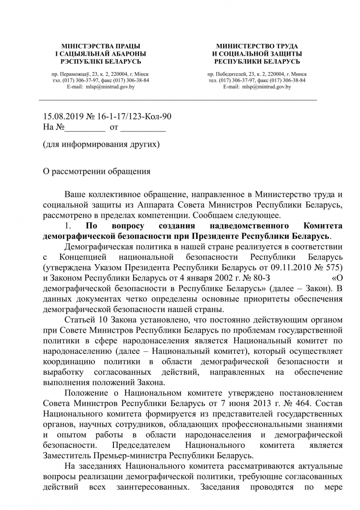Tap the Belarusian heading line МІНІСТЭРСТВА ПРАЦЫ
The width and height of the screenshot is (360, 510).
point(101,46)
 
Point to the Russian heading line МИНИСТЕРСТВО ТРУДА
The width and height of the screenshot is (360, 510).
point(257,46)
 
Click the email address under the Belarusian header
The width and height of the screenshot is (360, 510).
point(101,86)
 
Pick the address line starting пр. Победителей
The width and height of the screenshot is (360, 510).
point(257,74)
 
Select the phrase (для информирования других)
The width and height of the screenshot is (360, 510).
point(101,144)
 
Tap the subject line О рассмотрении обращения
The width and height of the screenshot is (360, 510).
point(97,172)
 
